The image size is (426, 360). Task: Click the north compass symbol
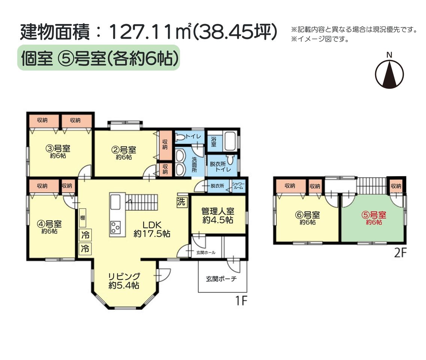(389, 73)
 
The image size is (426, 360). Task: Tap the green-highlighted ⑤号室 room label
(374, 218)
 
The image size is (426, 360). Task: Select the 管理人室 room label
(218, 215)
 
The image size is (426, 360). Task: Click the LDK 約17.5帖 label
(152, 229)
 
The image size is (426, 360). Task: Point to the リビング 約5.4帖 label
(124, 280)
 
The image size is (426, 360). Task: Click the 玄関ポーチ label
(221, 279)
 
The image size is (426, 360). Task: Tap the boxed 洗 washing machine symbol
(181, 202)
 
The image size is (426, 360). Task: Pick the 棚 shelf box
(82, 217)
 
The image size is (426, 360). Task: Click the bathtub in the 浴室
(230, 141)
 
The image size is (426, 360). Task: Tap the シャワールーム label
(238, 186)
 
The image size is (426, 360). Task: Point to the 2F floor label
(400, 253)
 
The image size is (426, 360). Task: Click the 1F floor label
(241, 301)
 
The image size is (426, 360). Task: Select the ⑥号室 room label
(307, 218)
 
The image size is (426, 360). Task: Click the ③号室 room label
(58, 152)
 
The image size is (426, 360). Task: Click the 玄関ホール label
(206, 253)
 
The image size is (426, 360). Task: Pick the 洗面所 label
(194, 165)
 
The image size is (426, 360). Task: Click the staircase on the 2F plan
(371, 186)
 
